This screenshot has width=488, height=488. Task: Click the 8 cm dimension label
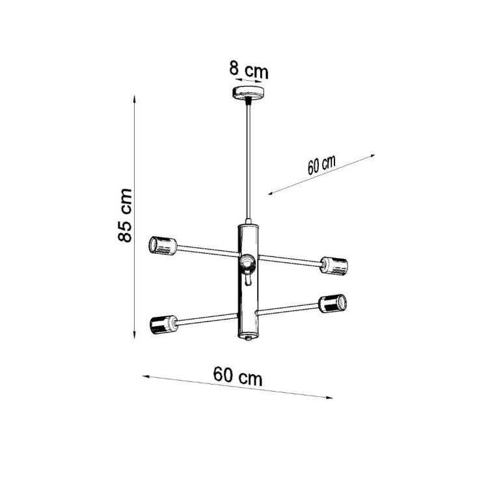(x=249, y=68)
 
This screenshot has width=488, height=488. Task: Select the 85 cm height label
(x=125, y=215)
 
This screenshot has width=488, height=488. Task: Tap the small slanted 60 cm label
(x=321, y=165)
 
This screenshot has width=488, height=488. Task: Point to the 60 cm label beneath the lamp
(x=237, y=376)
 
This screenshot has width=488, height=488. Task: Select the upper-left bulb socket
(x=163, y=245)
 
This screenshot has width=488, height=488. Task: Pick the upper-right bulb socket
(x=333, y=265)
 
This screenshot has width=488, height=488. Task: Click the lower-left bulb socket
(x=162, y=323)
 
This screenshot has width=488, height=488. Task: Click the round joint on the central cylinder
(x=247, y=262)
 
